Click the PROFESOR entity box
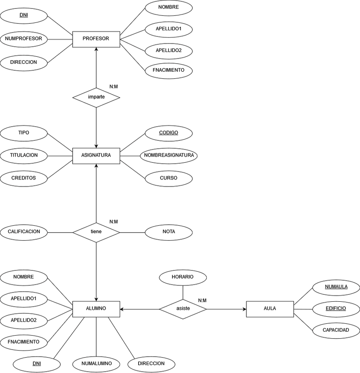(96, 39)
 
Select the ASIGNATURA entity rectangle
(96, 155)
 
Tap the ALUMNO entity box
(96, 309)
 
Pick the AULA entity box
(270, 309)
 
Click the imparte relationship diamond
(96, 97)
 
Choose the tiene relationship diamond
(96, 232)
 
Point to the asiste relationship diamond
(183, 309)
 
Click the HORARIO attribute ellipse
(183, 278)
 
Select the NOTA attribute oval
(169, 232)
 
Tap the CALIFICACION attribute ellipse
(24, 232)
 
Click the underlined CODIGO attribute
(169, 132)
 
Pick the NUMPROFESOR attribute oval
(24, 39)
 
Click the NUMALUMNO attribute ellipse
(96, 364)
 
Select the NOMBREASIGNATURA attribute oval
(169, 155)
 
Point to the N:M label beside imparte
(114, 87)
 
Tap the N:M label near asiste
(202, 300)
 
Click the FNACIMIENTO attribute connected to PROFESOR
(169, 70)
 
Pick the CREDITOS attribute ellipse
(24, 178)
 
